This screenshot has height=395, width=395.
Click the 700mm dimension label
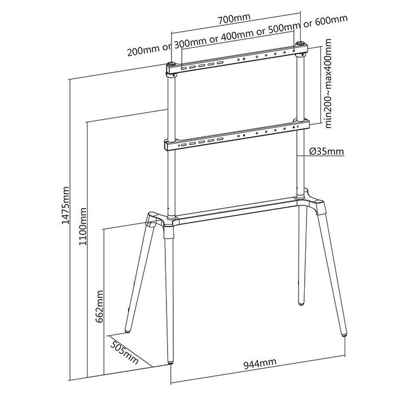(234, 19)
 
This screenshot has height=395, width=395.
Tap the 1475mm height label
(65, 205)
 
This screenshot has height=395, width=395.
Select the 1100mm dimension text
(82, 226)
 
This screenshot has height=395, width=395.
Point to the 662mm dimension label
(99, 306)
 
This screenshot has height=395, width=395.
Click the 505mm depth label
(125, 353)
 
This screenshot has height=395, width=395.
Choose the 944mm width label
(260, 363)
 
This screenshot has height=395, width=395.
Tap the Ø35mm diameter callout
(327, 151)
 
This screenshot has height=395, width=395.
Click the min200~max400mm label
(328, 84)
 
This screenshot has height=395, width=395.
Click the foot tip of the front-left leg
(172, 363)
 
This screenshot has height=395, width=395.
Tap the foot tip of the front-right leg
(344, 335)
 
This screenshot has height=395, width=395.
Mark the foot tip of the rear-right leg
(301, 304)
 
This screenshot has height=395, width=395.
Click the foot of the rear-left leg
(128, 332)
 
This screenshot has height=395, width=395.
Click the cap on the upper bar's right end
(300, 44)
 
